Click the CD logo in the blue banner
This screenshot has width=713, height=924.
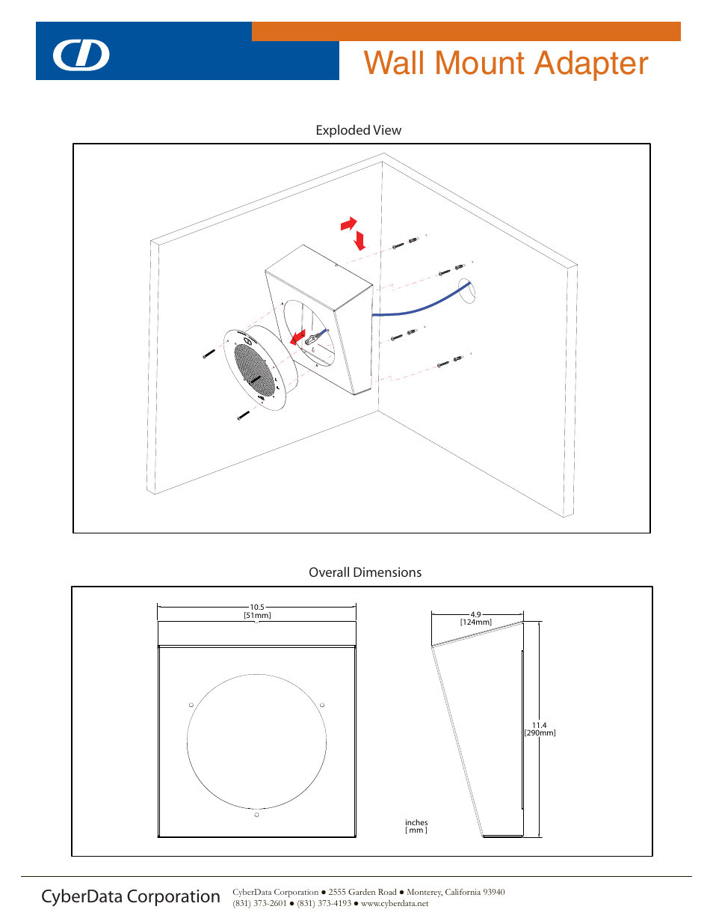pyautogui.click(x=81, y=55)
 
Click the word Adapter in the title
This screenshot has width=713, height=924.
pyautogui.click(x=591, y=64)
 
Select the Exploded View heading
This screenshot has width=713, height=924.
pyautogui.click(x=358, y=130)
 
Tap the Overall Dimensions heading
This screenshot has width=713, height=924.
pyautogui.click(x=365, y=572)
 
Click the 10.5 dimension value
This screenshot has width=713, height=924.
pyautogui.click(x=257, y=607)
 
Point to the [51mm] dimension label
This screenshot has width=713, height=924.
pyautogui.click(x=257, y=616)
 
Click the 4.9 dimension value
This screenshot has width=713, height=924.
pyautogui.click(x=475, y=614)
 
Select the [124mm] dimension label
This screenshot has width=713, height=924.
pyautogui.click(x=476, y=622)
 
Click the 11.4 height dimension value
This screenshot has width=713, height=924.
pyautogui.click(x=539, y=725)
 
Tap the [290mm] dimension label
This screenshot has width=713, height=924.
pyautogui.click(x=540, y=733)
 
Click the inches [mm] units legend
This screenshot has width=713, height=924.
pyautogui.click(x=416, y=826)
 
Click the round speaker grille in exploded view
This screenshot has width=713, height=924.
pyautogui.click(x=255, y=369)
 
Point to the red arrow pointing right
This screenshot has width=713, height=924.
pyautogui.click(x=348, y=223)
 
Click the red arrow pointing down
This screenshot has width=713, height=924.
pyautogui.click(x=359, y=241)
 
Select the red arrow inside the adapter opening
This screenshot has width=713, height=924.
pyautogui.click(x=297, y=337)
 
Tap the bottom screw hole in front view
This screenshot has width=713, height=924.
pyautogui.click(x=256, y=815)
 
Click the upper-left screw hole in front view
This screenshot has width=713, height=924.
pyautogui.click(x=191, y=705)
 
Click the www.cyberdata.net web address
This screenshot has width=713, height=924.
pyautogui.click(x=395, y=904)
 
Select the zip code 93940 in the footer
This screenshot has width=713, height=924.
pyautogui.click(x=493, y=892)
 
